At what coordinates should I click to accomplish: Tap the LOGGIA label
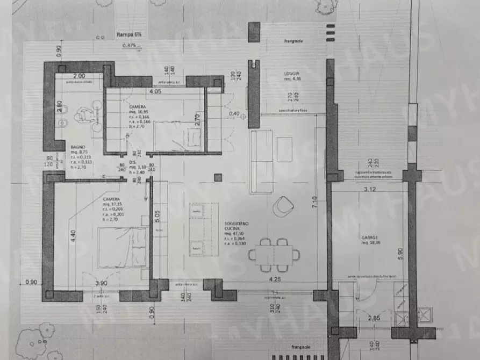[x=292, y=74]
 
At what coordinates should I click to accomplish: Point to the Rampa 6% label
[x=128, y=35]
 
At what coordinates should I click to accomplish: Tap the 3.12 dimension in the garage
[x=369, y=189]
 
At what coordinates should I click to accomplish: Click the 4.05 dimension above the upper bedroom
[x=155, y=91]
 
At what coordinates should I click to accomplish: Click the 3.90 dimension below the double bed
[x=101, y=283]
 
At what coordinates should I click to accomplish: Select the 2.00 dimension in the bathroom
[x=79, y=76]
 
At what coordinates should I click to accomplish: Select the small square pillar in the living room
[x=218, y=177]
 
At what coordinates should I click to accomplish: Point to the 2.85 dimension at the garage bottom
[x=374, y=319]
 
